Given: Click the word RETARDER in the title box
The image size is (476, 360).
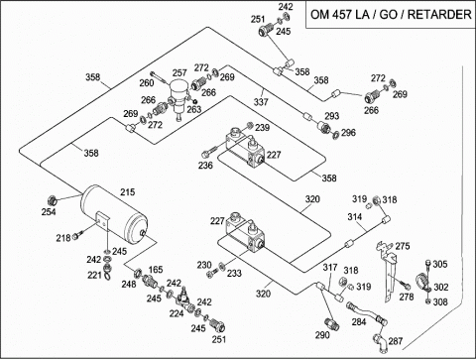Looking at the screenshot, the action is (x=439, y=15).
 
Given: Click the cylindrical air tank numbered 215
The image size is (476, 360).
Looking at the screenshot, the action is (x=114, y=214).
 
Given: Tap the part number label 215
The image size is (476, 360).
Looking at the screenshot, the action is (x=128, y=191).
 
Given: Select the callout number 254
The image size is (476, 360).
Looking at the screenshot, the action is (x=49, y=211).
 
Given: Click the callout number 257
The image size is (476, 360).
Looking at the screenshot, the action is (x=179, y=72).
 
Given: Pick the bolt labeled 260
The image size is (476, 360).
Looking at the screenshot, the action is (x=160, y=77).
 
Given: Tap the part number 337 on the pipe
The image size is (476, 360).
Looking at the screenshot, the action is (x=261, y=102).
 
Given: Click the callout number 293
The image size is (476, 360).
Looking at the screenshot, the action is (x=331, y=116).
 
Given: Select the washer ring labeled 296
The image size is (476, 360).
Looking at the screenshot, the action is (x=335, y=135).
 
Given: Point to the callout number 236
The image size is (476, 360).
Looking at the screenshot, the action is (x=205, y=165).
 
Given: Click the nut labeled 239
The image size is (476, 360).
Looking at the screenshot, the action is (x=250, y=125).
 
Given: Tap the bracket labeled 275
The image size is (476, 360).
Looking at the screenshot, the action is (x=388, y=271).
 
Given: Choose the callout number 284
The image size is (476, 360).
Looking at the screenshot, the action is (x=358, y=321).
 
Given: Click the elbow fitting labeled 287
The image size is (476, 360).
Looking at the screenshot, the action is (x=380, y=341).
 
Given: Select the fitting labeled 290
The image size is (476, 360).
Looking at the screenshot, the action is (x=331, y=323).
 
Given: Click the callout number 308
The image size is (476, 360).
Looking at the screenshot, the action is (x=440, y=301).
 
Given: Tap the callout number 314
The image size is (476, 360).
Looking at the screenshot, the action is (x=355, y=217).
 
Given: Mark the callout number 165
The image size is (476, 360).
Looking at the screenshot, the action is (x=156, y=270).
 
